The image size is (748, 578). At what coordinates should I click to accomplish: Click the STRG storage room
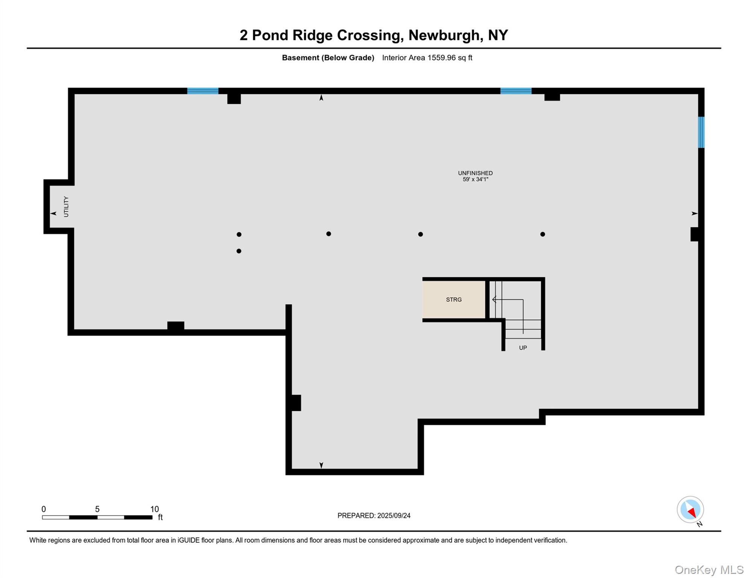[453, 300]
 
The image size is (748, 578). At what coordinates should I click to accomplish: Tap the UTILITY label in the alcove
[66, 207]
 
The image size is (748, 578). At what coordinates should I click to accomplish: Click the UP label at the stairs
[523, 348]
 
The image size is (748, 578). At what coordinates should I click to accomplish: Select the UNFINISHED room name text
[475, 173]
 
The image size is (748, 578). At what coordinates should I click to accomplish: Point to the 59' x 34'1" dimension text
[475, 179]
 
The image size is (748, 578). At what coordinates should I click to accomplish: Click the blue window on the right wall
[701, 132]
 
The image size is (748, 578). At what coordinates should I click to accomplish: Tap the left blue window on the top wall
[202, 91]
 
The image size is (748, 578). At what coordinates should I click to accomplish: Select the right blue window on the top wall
[515, 91]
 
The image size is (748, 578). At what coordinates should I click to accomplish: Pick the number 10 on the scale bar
[154, 509]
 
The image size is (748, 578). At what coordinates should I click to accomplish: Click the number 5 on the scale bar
[97, 509]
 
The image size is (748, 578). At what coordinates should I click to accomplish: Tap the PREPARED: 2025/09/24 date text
[374, 516]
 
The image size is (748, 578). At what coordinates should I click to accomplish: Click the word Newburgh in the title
[444, 35]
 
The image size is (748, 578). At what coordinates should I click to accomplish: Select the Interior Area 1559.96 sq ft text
[427, 58]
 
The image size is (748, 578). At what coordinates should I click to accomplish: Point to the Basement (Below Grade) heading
[328, 58]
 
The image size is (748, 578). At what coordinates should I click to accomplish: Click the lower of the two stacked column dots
[239, 251]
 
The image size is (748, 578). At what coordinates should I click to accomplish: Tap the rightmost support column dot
[543, 234]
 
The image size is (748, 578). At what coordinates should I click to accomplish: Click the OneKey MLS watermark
[708, 570]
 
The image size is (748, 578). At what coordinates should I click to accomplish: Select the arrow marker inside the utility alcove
[53, 213]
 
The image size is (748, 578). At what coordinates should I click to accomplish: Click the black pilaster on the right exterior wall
[695, 234]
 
